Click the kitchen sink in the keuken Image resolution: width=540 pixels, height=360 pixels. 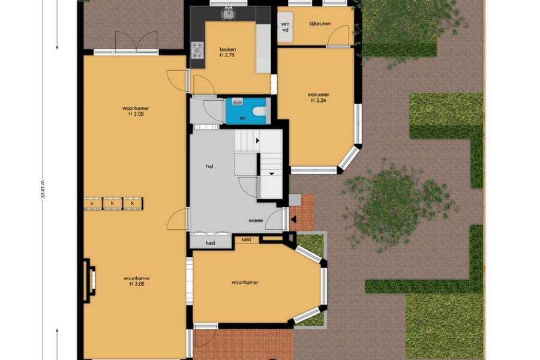(228, 14)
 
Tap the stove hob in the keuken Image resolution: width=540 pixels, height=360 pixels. (197, 50)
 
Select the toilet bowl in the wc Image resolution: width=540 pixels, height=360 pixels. (259, 111)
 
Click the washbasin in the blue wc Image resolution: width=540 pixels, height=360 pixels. (237, 101)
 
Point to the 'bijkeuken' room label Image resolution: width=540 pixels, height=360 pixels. (320, 24)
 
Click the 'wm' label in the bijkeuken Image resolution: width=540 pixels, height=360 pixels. (285, 24)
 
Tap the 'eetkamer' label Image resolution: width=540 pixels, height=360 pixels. (319, 94)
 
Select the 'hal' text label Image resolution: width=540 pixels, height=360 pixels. (209, 166)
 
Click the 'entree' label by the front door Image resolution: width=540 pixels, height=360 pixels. (256, 220)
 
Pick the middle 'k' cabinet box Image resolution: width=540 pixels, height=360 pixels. (112, 203)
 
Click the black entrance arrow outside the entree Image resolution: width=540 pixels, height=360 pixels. (293, 219)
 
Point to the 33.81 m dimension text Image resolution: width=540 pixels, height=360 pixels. (43, 189)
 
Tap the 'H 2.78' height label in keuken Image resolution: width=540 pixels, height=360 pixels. (227, 55)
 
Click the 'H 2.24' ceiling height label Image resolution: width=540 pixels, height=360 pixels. (319, 101)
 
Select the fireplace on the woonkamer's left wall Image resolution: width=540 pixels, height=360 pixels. (89, 280)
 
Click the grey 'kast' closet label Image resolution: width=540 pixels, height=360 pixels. (211, 243)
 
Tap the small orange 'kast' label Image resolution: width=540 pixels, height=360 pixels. (246, 239)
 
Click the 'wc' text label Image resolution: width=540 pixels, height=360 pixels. (243, 119)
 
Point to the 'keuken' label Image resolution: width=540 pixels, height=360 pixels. (227, 49)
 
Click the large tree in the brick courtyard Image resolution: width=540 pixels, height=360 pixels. (400, 206)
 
